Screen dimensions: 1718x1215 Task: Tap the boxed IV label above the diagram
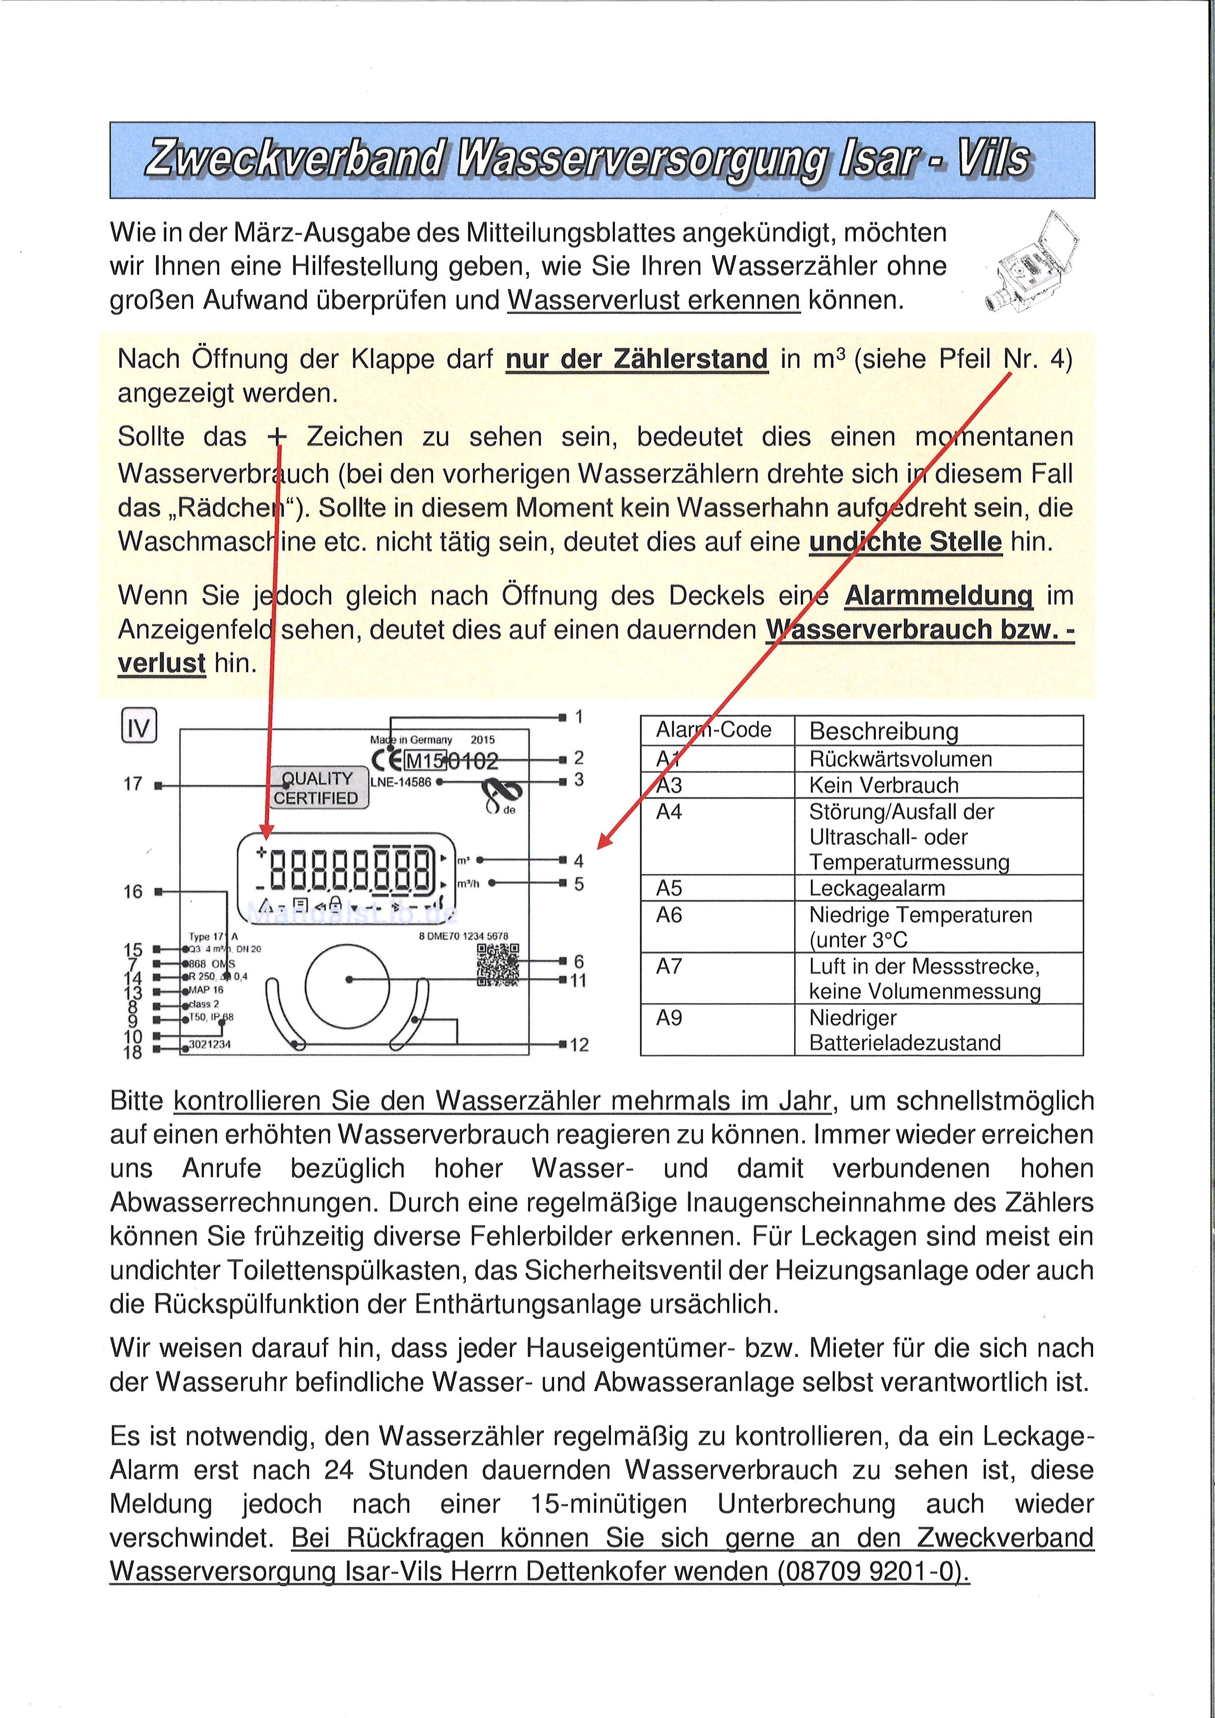coord(139,726)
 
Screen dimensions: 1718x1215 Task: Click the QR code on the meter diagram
coord(498,965)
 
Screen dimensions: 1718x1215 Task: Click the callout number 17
coord(132,784)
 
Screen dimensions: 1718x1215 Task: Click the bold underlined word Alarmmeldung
coord(939,596)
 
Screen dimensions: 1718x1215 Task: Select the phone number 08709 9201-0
coord(872,1570)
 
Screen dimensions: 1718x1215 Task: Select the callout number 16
coord(132,891)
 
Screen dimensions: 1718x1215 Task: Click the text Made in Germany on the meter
coord(412,739)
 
